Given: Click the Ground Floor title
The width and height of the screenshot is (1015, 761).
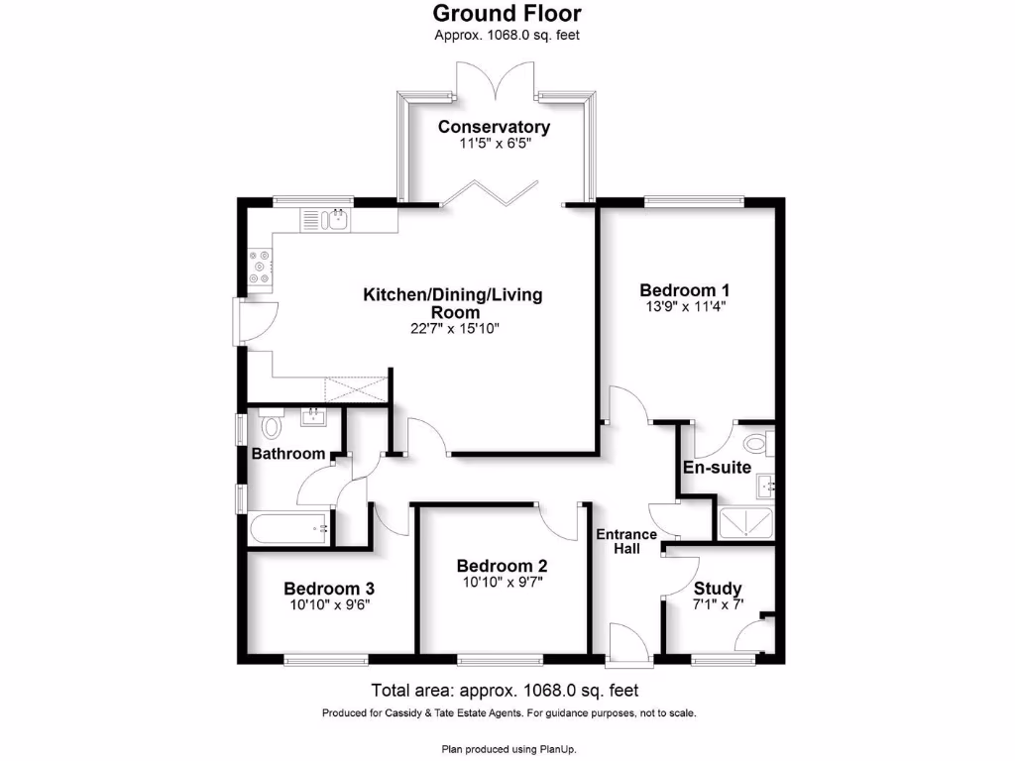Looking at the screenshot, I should (x=507, y=13).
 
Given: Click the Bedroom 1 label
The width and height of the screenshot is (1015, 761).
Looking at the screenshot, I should (x=685, y=290).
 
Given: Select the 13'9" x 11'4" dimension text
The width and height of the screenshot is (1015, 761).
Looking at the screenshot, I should (x=685, y=307).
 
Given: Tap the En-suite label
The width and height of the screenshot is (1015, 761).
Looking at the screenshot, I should (x=717, y=467).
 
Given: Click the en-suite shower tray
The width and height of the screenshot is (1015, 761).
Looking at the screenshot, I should (x=746, y=522).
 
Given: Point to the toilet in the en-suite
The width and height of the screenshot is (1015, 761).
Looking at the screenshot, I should (x=756, y=442).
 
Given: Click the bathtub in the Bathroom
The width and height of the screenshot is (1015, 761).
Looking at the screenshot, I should (x=289, y=528).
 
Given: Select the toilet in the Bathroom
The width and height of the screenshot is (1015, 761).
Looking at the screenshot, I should (x=272, y=427).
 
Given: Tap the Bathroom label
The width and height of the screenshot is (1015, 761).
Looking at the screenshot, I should (x=287, y=454).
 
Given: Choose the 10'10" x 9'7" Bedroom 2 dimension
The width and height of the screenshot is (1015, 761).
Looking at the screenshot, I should (x=502, y=583).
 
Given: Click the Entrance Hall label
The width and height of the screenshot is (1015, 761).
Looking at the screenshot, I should (x=625, y=541).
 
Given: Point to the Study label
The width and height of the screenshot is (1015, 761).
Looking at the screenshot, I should (x=717, y=589).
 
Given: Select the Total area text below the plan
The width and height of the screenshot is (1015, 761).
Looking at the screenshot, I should (x=506, y=691).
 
